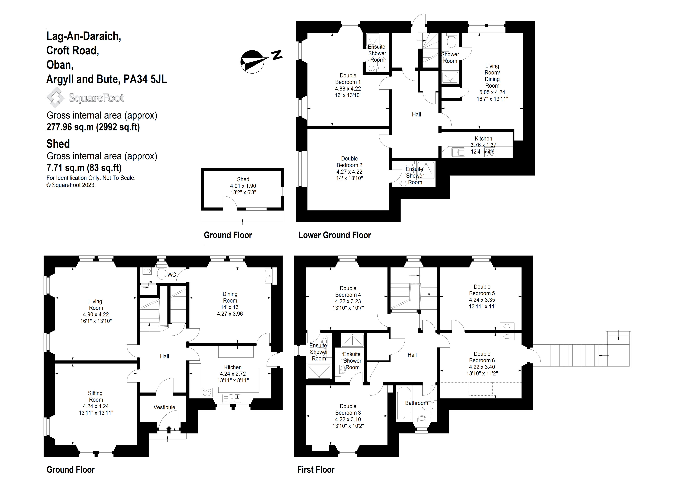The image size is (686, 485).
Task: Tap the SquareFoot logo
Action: point(85,98)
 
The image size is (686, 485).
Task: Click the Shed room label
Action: point(243,179)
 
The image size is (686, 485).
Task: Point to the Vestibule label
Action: point(164,407)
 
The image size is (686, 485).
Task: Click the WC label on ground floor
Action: point(171,275)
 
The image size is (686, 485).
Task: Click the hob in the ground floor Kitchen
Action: point(207,392)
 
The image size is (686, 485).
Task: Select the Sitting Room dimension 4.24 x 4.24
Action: point(96,406)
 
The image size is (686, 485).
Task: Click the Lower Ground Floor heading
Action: point(334,235)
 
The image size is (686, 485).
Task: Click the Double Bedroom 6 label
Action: point(482,357)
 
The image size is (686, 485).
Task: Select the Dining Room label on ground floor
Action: point(230,297)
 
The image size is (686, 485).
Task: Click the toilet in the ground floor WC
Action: point(161,272)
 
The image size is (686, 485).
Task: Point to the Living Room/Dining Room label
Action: point(492,76)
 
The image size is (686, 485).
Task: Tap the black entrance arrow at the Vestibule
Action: point(169,429)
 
